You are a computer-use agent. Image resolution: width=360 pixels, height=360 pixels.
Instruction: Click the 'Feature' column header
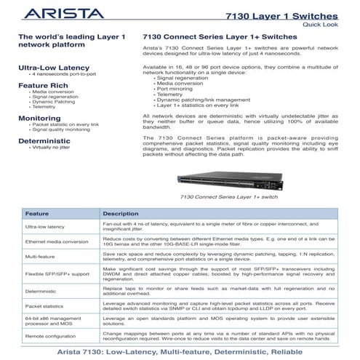[38, 215]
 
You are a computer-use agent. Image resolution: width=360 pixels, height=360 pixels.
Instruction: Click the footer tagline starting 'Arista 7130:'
[180, 351]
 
